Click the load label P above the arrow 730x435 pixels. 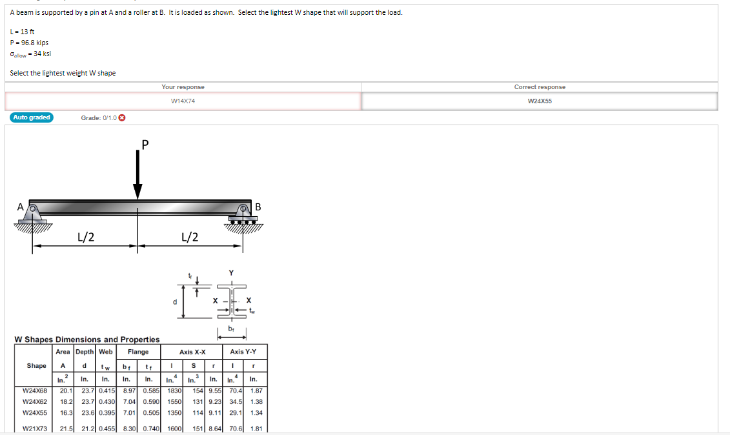[x=145, y=144]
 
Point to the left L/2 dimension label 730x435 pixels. [x=86, y=237]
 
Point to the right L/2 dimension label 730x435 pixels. [x=190, y=237]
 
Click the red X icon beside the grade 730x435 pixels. [x=122, y=117]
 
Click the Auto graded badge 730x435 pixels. [x=32, y=117]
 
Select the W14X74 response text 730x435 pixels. [x=183, y=101]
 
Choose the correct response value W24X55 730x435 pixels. [x=540, y=101]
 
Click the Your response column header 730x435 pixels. [x=183, y=87]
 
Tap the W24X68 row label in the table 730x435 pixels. [x=34, y=390]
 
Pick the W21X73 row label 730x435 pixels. [x=34, y=428]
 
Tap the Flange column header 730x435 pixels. [x=138, y=352]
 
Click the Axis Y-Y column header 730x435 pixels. [x=243, y=352]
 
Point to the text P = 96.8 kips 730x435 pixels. [x=29, y=43]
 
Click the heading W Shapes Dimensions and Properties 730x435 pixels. [x=87, y=339]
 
